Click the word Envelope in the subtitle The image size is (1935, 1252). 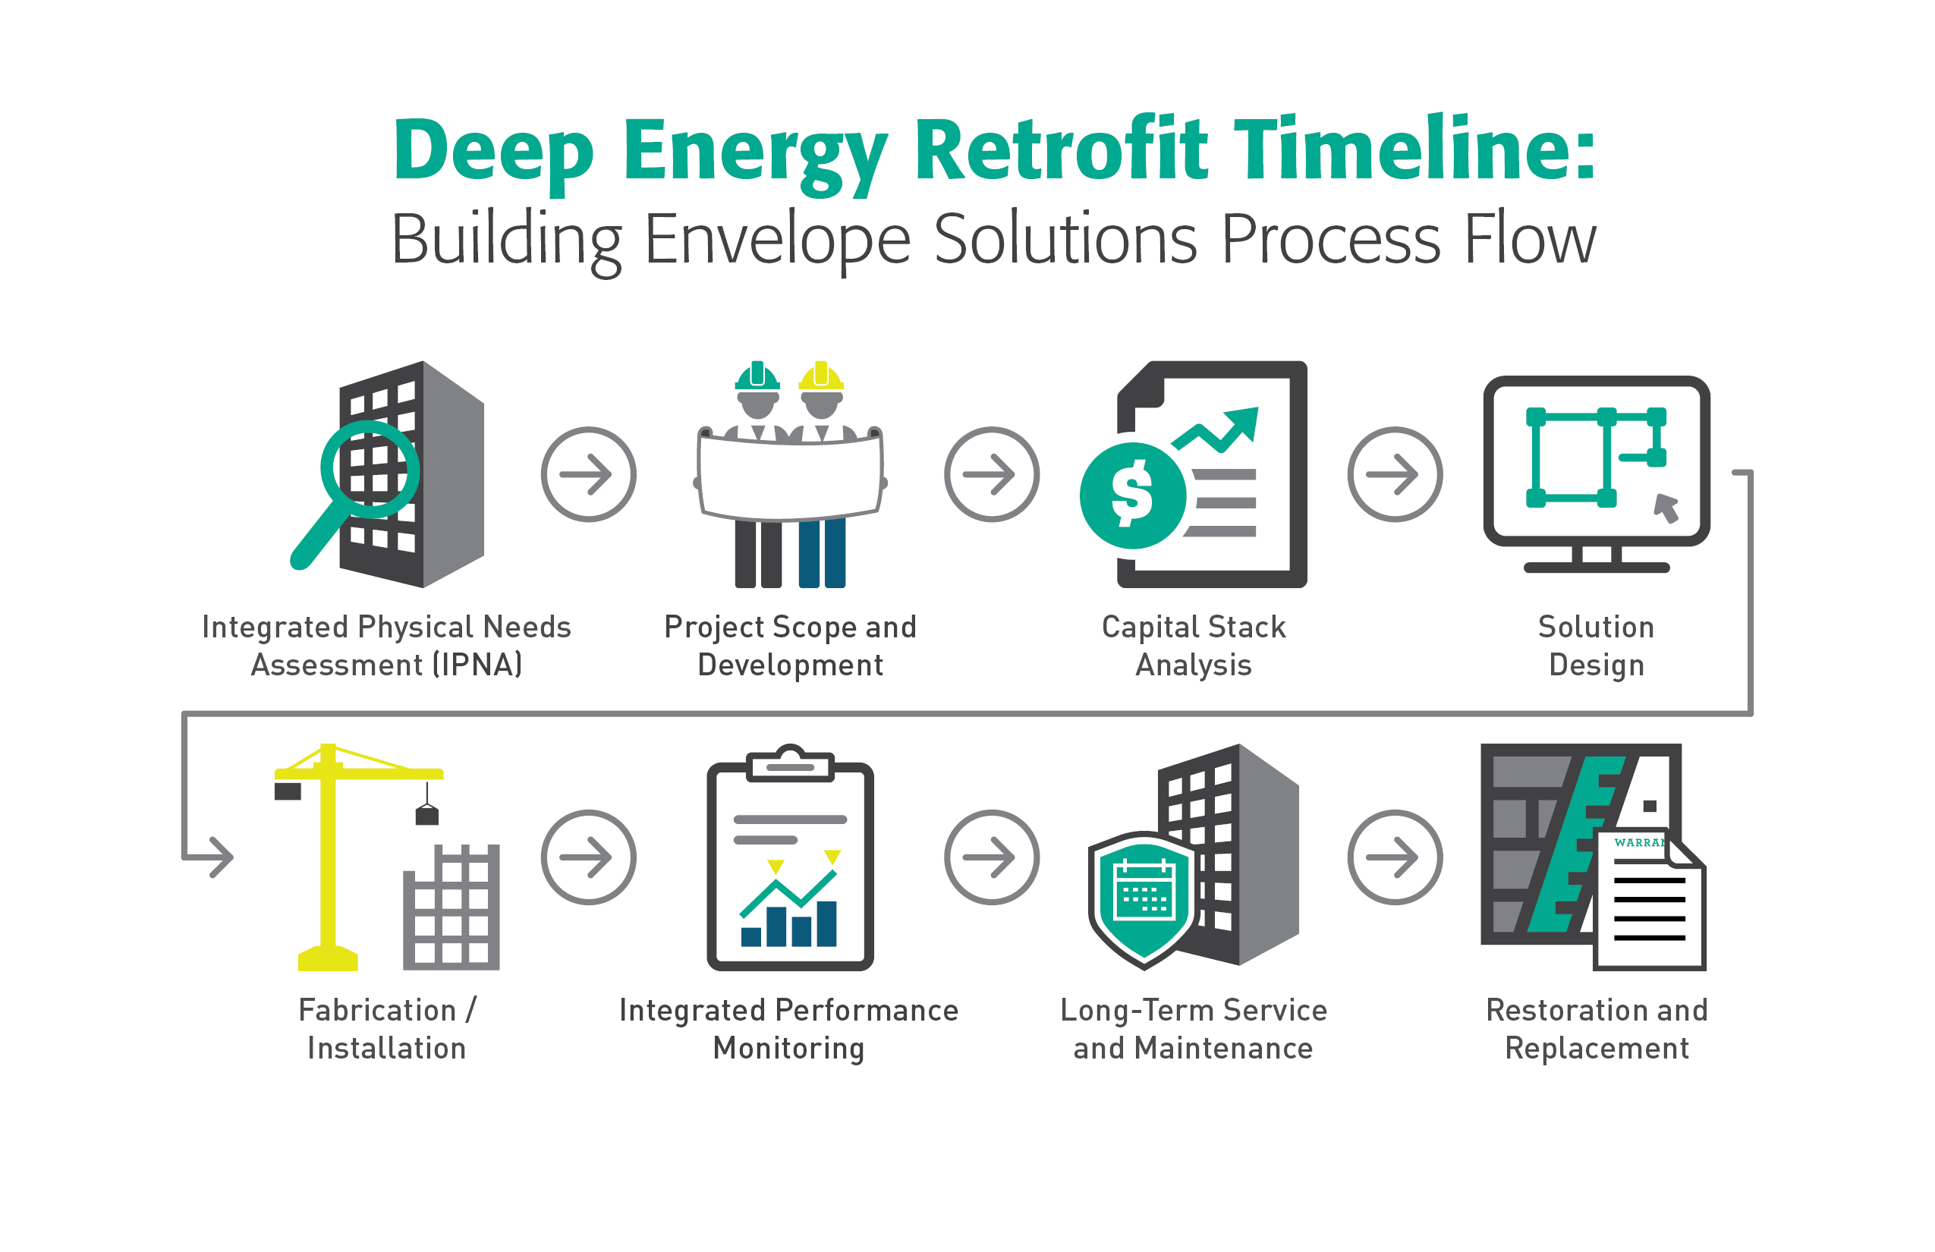pyautogui.click(x=776, y=240)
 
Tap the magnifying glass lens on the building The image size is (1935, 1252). pyautogui.click(x=370, y=469)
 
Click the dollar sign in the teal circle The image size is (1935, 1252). pyautogui.click(x=1131, y=494)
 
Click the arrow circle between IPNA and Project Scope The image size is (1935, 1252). pyautogui.click(x=588, y=474)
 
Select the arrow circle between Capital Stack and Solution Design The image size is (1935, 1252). pyautogui.click(x=1395, y=474)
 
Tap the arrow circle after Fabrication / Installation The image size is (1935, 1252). pyautogui.click(x=588, y=857)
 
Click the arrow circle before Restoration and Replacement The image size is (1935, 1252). pyautogui.click(x=1395, y=857)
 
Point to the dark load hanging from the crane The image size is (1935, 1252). pyautogui.click(x=426, y=815)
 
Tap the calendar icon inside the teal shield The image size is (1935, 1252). pyautogui.click(x=1144, y=892)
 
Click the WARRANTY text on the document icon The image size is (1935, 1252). pyautogui.click(x=1638, y=842)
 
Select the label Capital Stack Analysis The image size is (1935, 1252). pyautogui.click(x=1193, y=646)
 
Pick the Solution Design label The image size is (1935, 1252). pyautogui.click(x=1596, y=646)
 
